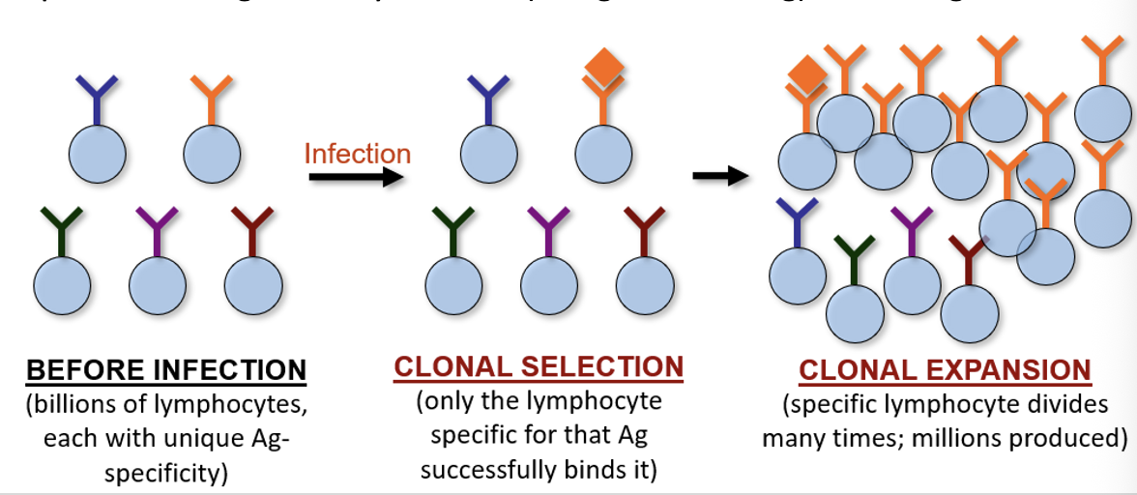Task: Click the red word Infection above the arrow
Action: pyautogui.click(x=357, y=154)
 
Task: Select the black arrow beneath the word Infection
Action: pyautogui.click(x=355, y=178)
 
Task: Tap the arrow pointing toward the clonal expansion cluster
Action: pyautogui.click(x=721, y=176)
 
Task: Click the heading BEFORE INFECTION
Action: pyautogui.click(x=166, y=370)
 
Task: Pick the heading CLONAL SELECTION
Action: pyautogui.click(x=539, y=367)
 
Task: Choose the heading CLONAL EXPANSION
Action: pyautogui.click(x=945, y=370)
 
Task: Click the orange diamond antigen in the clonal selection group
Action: pyautogui.click(x=604, y=67)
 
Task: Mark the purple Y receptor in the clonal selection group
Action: pyautogui.click(x=548, y=230)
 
